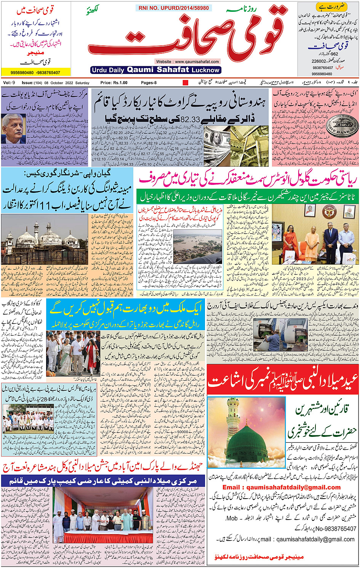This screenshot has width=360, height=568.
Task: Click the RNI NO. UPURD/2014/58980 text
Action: pos(173,8)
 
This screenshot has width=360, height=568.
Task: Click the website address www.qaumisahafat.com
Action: pos(187,61)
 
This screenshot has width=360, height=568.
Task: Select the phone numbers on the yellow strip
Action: pos(35,72)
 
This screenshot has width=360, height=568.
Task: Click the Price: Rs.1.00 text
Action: pos(114,83)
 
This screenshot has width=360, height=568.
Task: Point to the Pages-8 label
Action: pos(149,83)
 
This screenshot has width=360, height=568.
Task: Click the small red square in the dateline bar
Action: pos(186,83)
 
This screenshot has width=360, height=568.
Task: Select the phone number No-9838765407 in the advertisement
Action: pos(331,529)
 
